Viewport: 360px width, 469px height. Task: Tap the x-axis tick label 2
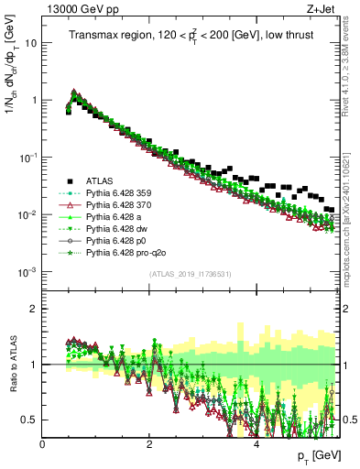(x=149, y=443)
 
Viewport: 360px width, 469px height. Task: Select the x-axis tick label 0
(x=42, y=443)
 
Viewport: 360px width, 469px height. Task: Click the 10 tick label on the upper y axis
(x=30, y=43)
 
